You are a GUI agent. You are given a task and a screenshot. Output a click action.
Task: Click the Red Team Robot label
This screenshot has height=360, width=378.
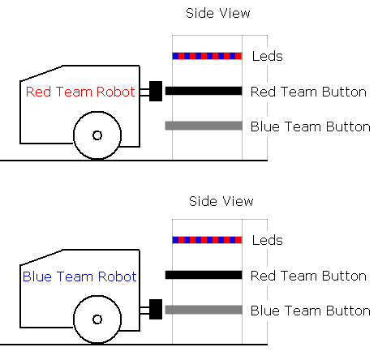80,92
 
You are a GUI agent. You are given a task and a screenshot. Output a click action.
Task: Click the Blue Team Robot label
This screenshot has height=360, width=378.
79,276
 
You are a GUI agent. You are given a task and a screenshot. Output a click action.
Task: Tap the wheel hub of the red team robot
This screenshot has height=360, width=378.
97,135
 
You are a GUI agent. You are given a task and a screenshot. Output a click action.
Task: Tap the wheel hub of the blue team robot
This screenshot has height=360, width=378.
97,319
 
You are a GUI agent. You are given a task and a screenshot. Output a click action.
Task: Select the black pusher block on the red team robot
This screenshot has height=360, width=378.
156,91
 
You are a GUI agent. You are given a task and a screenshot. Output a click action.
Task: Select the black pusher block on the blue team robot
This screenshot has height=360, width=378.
156,309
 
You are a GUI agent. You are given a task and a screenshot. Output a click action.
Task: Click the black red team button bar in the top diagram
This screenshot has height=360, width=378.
204,91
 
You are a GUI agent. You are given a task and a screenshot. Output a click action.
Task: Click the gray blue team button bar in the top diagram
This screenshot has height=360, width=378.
204,126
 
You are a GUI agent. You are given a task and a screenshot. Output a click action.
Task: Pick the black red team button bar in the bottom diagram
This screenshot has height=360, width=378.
204,275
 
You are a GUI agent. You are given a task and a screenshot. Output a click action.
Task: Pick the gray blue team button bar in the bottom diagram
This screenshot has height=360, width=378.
204,310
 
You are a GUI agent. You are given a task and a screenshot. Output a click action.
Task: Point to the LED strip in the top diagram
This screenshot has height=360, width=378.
207,56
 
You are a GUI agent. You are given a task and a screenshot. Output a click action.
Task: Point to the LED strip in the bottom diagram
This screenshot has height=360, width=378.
207,240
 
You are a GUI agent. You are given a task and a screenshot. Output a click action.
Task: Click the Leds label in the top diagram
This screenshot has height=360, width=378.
268,56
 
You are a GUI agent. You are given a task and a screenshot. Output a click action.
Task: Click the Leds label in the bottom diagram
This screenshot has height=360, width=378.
268,240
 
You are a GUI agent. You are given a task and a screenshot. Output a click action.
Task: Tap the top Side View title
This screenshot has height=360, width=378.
218,13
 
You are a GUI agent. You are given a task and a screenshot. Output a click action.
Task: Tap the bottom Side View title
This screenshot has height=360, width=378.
221,201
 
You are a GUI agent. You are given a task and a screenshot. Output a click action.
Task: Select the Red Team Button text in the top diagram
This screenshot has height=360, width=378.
308,92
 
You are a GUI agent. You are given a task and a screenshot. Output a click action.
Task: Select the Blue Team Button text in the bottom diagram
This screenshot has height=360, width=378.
311,311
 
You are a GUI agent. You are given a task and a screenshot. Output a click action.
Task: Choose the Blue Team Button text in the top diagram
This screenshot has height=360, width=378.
311,126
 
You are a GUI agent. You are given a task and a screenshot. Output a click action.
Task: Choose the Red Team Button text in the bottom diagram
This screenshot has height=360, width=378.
308,276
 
